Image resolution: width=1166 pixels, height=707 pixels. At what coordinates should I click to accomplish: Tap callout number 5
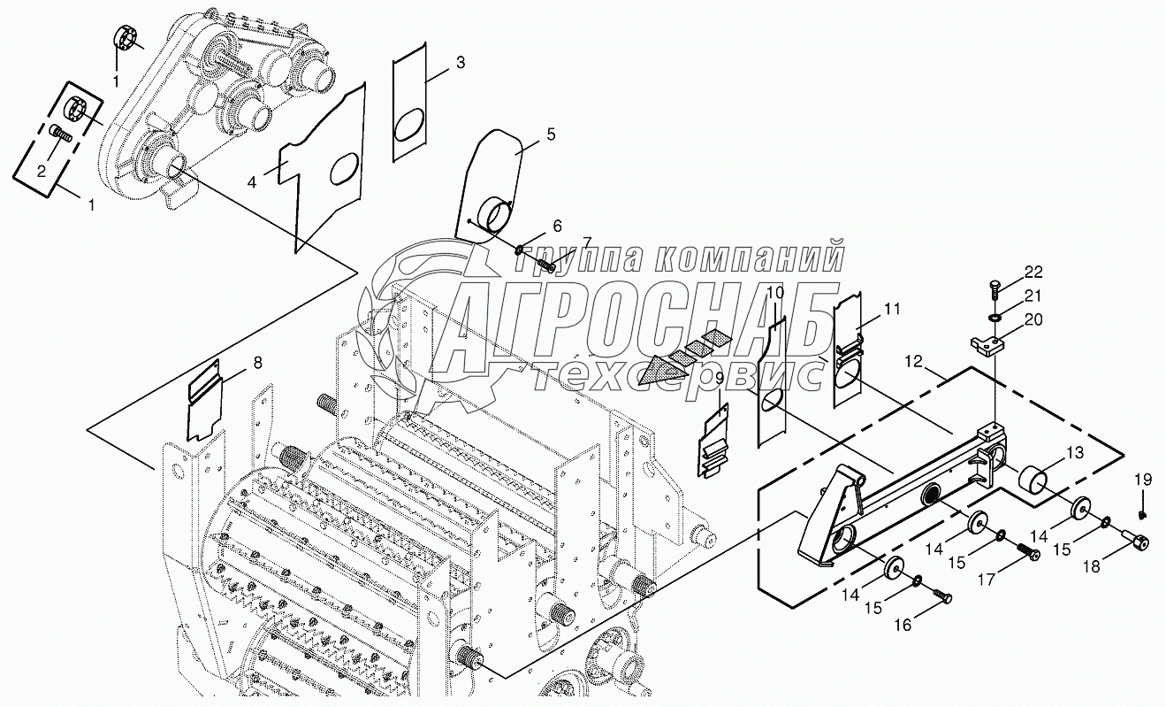551,134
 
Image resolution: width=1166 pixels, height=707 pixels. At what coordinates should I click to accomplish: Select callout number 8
257,362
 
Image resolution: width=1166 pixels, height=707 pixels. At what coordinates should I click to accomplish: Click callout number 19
1143,480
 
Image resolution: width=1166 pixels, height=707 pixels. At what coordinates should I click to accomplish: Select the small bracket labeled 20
987,342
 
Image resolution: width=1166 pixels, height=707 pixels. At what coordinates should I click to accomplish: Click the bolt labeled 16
942,598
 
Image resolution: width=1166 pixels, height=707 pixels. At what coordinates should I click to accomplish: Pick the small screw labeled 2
58,136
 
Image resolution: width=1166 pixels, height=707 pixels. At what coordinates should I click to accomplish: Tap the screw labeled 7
544,261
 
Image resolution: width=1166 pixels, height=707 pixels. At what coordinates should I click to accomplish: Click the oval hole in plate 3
409,124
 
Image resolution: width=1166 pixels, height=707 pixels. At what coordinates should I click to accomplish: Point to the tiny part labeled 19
1143,514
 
